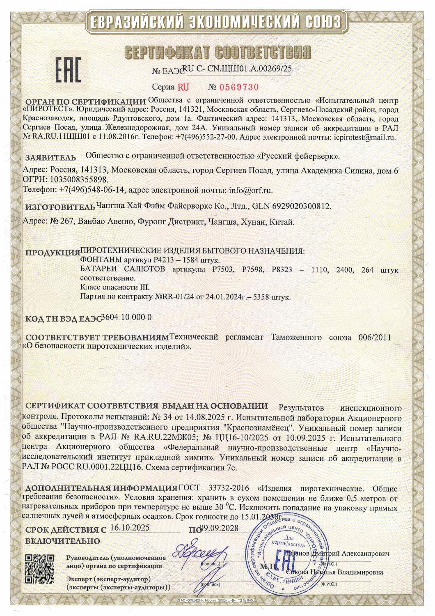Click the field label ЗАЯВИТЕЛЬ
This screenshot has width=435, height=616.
50,157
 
